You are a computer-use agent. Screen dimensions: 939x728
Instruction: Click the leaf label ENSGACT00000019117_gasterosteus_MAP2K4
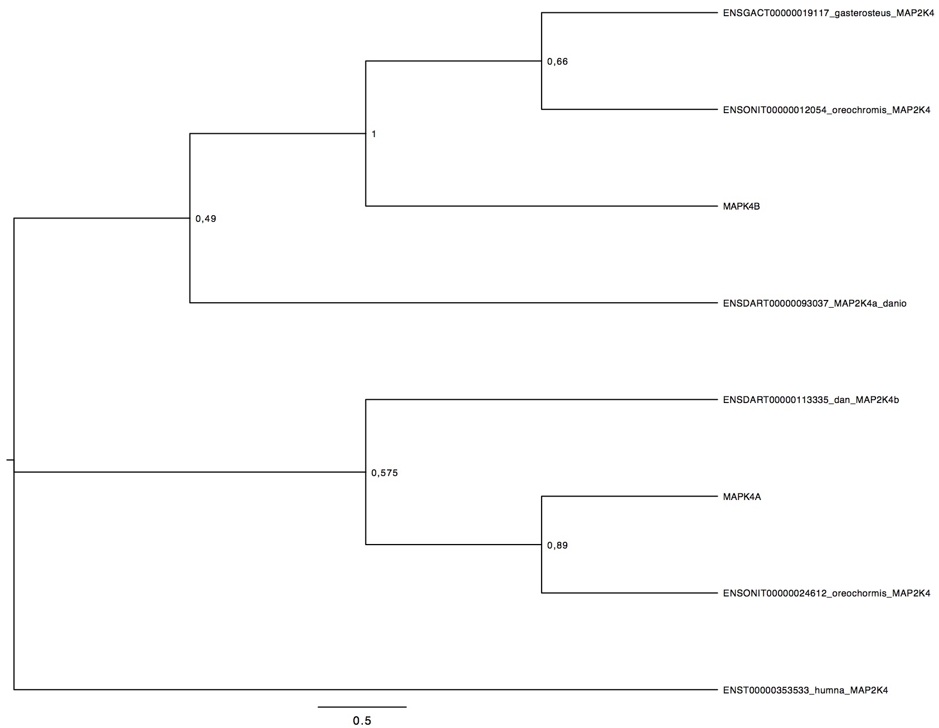[828, 13]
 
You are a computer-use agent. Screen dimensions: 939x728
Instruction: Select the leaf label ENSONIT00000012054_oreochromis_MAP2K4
[826, 110]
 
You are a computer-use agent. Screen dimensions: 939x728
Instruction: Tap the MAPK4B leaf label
[741, 206]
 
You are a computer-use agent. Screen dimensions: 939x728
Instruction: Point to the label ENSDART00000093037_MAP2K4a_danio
[815, 303]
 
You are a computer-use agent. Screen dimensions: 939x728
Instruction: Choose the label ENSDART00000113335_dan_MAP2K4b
[811, 400]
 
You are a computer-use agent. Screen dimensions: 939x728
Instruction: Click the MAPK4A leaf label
[742, 497]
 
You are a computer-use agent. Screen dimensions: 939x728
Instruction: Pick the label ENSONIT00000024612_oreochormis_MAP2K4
[826, 593]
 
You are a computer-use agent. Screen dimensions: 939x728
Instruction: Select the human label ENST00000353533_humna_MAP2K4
[805, 690]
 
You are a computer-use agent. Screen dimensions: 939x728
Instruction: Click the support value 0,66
[557, 62]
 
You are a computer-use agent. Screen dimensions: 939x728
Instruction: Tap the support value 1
[373, 134]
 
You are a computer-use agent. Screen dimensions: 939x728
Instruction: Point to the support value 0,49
[206, 219]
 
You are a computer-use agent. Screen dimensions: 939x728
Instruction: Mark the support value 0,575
[385, 473]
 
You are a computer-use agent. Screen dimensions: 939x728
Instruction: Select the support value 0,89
[557, 546]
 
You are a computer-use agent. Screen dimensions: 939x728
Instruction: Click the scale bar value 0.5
[362, 721]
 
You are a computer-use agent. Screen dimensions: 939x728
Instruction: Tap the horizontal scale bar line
[362, 707]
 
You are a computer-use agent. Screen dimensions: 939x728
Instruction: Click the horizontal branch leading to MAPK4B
[541, 206]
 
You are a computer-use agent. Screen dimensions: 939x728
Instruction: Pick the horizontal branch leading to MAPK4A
[629, 496]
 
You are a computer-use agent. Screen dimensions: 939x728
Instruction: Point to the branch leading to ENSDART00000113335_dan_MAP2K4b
[541, 400]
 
